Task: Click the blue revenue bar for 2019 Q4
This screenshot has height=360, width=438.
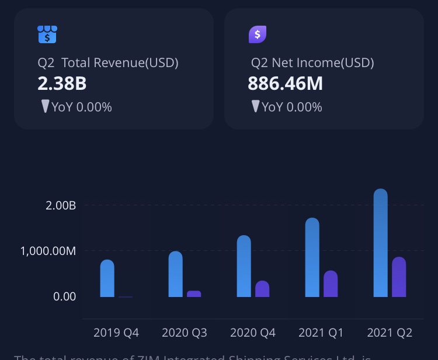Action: pyautogui.click(x=107, y=279)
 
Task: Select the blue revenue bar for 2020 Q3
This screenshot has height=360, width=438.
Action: pyautogui.click(x=175, y=274)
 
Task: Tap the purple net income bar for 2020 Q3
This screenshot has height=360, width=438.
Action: pyautogui.click(x=194, y=293)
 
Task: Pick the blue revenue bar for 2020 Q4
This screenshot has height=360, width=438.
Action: pyautogui.click(x=244, y=267)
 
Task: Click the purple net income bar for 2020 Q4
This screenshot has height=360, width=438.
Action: pyautogui.click(x=262, y=289)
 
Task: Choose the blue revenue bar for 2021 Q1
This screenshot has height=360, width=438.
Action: pyautogui.click(x=312, y=258)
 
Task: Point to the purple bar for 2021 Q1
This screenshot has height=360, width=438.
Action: pyautogui.click(x=331, y=284)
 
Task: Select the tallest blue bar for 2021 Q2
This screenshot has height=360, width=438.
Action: pyautogui.click(x=380, y=243)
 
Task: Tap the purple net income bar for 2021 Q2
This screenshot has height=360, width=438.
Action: pyautogui.click(x=399, y=277)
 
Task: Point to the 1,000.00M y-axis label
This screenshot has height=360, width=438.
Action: pyautogui.click(x=48, y=251)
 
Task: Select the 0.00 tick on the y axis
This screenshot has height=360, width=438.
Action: pyautogui.click(x=64, y=296)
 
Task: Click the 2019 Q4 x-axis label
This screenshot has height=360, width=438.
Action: pyautogui.click(x=116, y=333)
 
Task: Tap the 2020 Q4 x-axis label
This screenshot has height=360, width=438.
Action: pyautogui.click(x=253, y=333)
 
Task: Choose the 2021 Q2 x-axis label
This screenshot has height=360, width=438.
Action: pyautogui.click(x=390, y=333)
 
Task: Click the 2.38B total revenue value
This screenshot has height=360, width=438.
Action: pyautogui.click(x=62, y=84)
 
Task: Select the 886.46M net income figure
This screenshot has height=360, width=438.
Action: pyautogui.click(x=285, y=84)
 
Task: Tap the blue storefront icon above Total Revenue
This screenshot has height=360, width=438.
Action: pyautogui.click(x=47, y=34)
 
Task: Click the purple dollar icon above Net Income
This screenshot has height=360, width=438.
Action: pyautogui.click(x=258, y=34)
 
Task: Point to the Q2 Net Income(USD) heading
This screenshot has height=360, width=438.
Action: pyautogui.click(x=312, y=62)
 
